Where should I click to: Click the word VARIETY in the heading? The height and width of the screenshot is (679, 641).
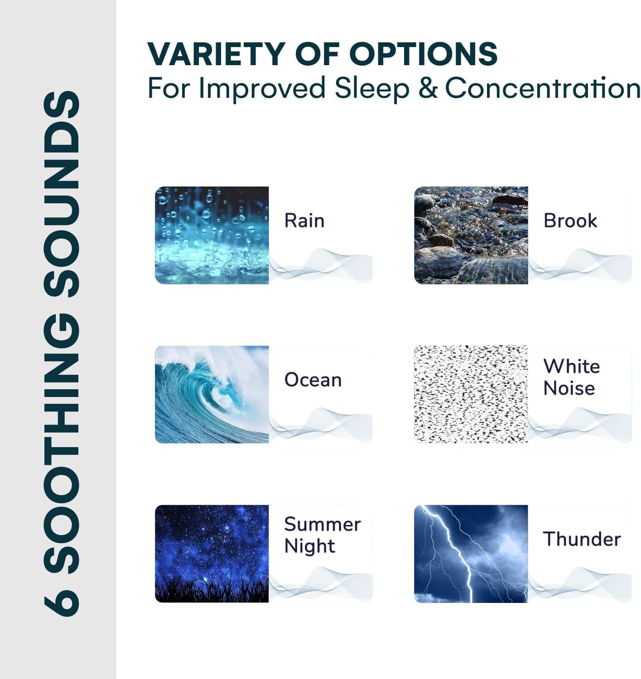[x=216, y=54]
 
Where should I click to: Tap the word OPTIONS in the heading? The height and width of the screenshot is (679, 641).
[x=423, y=54]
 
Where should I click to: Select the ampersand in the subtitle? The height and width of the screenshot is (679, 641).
[x=428, y=88]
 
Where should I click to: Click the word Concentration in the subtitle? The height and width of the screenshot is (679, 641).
[x=543, y=88]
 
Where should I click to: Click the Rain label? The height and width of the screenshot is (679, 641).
[x=304, y=220]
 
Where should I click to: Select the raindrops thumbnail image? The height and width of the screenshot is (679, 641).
[x=212, y=235]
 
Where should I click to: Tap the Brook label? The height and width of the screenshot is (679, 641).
[x=570, y=220]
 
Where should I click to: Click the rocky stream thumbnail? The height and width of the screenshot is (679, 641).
[x=471, y=235]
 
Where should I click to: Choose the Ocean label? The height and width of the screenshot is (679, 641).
[x=313, y=380]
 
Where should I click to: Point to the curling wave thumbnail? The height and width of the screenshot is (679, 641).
[x=212, y=395]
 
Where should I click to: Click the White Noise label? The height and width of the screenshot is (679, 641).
[x=572, y=378]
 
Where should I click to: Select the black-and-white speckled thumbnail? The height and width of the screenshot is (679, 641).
[x=471, y=394]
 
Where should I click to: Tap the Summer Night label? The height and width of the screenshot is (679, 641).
[x=323, y=536]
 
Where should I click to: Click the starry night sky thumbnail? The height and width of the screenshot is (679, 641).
[x=212, y=554]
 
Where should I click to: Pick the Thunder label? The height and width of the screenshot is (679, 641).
[x=582, y=539]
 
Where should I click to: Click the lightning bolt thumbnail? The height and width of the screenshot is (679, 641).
[x=471, y=554]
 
